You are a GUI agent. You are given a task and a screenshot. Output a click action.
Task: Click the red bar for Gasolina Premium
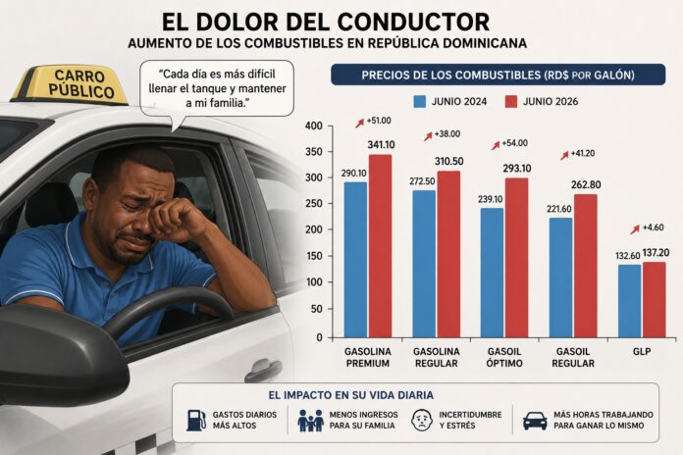point(381,246)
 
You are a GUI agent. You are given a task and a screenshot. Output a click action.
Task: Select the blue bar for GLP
point(629,301)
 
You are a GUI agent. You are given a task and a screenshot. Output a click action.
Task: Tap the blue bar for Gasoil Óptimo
point(493,273)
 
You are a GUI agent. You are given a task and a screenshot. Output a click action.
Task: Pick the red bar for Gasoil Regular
point(586,266)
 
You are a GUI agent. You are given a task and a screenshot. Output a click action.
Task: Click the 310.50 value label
point(449,162)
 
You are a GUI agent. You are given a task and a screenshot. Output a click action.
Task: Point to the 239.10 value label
point(490,199)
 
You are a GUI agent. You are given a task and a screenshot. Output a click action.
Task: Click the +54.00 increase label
point(514,143)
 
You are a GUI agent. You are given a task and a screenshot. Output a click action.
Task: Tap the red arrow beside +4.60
point(635,229)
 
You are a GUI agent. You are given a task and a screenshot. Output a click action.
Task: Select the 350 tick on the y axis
point(314,152)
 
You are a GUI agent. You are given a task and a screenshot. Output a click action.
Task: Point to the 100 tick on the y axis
point(314,282)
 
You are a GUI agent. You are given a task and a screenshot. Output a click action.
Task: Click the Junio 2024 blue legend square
point(419,101)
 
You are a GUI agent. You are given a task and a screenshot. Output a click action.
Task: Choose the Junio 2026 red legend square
point(511,101)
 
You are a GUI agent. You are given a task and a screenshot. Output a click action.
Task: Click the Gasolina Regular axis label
point(437,358)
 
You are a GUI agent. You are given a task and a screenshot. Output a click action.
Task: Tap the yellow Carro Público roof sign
point(72,85)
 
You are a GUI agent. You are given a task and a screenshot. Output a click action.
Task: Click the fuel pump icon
point(196,420)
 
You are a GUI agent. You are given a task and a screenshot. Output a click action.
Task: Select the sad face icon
point(422,420)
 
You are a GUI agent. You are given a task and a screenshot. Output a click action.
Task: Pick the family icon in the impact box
point(310,420)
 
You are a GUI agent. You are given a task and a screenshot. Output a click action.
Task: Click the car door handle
point(263,370)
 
